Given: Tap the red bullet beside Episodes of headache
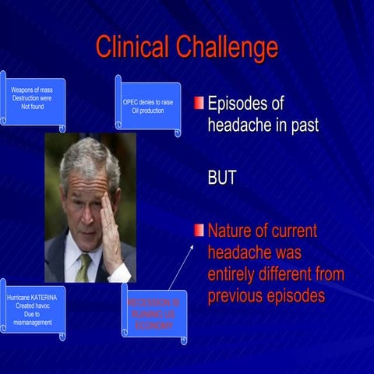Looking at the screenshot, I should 199,104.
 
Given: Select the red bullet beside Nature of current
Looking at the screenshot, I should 199,230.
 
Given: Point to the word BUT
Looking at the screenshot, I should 221,178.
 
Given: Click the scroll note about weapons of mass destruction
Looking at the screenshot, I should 33,99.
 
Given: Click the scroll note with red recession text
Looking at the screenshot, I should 154,310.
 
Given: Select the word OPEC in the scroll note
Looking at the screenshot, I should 132,102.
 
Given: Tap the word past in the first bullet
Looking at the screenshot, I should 302,125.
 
